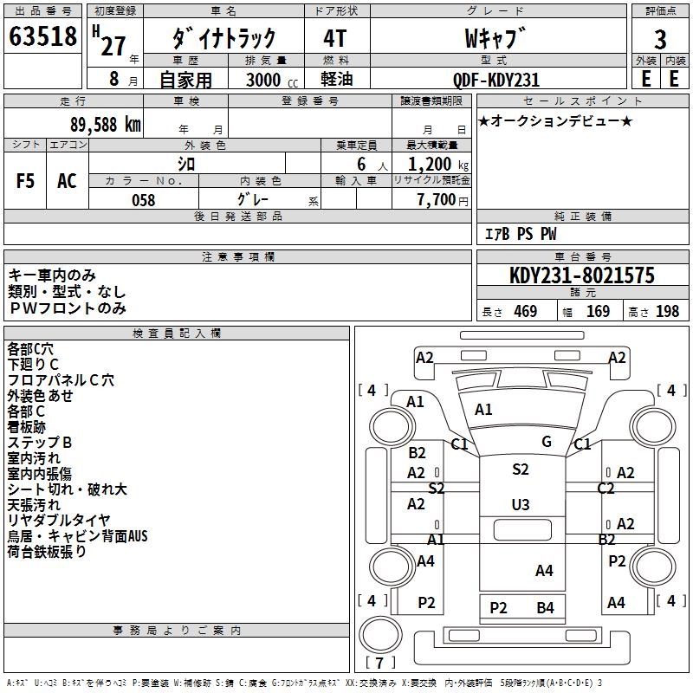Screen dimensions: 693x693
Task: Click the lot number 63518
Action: [x=42, y=37]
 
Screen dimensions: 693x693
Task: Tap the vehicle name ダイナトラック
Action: [x=223, y=38]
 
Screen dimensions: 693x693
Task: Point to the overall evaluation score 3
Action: [x=660, y=39]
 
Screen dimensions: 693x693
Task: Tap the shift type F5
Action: [x=26, y=181]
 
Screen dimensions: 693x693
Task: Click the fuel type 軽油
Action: [x=336, y=80]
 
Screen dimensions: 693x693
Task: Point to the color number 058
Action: [x=143, y=200]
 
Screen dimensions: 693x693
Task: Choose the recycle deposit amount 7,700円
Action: [x=442, y=200]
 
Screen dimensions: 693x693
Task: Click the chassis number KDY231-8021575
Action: [x=581, y=275]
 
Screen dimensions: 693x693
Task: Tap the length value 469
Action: [x=525, y=312]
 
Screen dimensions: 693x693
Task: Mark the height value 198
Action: [x=667, y=312]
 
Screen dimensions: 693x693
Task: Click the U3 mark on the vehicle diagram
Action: [x=520, y=505]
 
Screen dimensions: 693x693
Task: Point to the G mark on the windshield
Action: [x=547, y=442]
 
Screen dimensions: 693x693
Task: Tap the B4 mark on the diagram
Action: [x=545, y=608]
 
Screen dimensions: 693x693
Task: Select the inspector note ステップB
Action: [x=40, y=443]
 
